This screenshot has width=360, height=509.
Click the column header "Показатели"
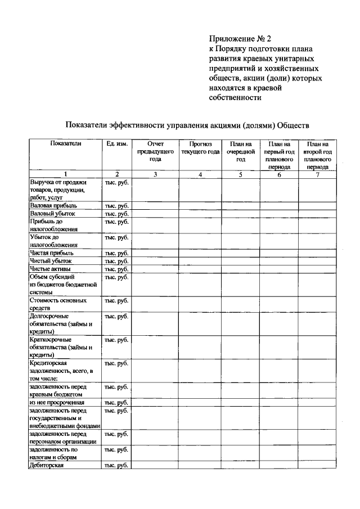point(65,144)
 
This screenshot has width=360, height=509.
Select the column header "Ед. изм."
point(116,144)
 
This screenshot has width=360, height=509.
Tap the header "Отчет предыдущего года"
point(155,151)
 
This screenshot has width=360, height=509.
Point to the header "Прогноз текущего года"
point(200,148)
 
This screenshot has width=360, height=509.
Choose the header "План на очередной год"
point(240,151)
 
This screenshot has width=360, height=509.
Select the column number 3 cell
point(155,174)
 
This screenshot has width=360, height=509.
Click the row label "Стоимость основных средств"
point(58,304)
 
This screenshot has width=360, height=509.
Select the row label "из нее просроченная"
point(57,403)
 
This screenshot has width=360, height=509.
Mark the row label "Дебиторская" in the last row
point(47,465)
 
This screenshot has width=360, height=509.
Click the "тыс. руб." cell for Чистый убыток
point(116,262)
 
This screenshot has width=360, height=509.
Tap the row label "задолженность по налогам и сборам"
point(57,453)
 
